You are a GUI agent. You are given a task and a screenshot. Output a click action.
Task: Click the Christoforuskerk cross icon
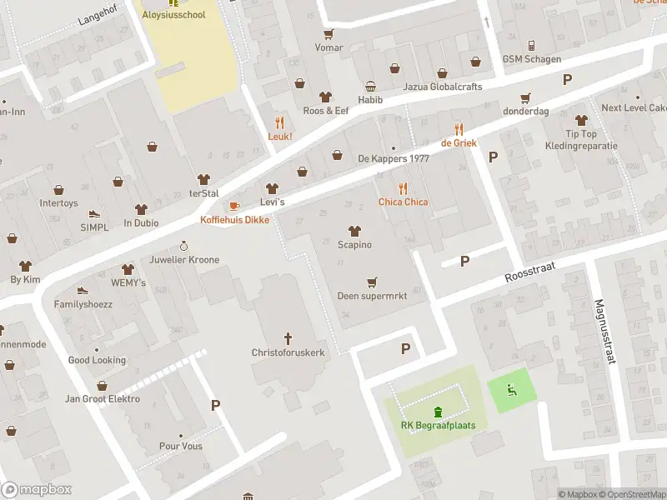click(x=288, y=338)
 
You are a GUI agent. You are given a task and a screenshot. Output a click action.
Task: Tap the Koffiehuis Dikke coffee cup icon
click(x=234, y=206)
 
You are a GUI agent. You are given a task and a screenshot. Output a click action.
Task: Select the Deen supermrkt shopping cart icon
click(x=372, y=282)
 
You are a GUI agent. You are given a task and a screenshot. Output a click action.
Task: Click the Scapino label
click(x=354, y=245)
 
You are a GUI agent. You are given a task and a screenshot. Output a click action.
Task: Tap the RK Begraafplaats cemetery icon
click(x=438, y=411)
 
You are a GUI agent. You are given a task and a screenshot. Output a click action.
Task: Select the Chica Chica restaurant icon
click(x=404, y=187)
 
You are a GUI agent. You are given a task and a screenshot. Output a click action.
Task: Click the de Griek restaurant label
click(x=459, y=143)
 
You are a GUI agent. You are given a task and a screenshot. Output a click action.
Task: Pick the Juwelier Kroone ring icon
click(x=185, y=246)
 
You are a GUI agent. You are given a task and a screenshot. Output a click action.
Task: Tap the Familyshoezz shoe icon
click(x=83, y=290)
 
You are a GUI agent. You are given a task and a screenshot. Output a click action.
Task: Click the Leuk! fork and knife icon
click(x=279, y=122)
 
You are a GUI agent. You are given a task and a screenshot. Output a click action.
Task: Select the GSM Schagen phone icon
click(x=531, y=45)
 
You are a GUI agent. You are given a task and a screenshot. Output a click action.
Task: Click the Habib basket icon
click(x=370, y=87)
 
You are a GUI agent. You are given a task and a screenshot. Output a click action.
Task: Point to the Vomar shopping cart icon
click(x=328, y=34)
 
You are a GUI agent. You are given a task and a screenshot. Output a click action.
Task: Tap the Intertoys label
click(x=58, y=203)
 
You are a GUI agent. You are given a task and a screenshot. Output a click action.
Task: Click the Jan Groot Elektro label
click(x=103, y=399)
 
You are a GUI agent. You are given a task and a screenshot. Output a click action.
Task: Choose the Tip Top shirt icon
click(x=581, y=120)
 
